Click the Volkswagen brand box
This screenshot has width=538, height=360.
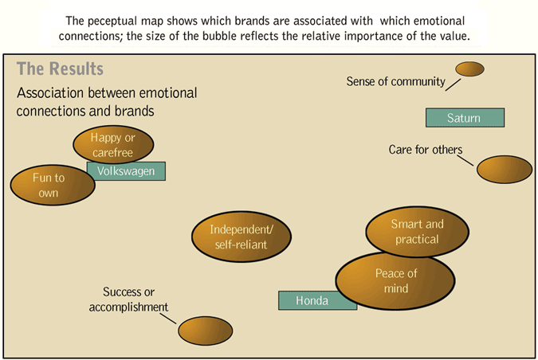tap(126, 170)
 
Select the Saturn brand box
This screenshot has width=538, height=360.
tap(465, 118)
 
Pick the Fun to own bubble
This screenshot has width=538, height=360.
tap(48, 185)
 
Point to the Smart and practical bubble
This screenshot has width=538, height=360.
tap(416, 232)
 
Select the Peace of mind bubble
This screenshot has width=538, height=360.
tap(395, 280)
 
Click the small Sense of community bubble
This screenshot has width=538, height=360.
tap(469, 69)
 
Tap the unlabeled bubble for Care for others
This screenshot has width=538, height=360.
tap(505, 170)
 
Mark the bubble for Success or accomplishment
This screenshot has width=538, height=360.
tap(205, 330)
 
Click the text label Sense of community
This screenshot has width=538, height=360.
tap(395, 82)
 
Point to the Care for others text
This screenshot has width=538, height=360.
tap(425, 150)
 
